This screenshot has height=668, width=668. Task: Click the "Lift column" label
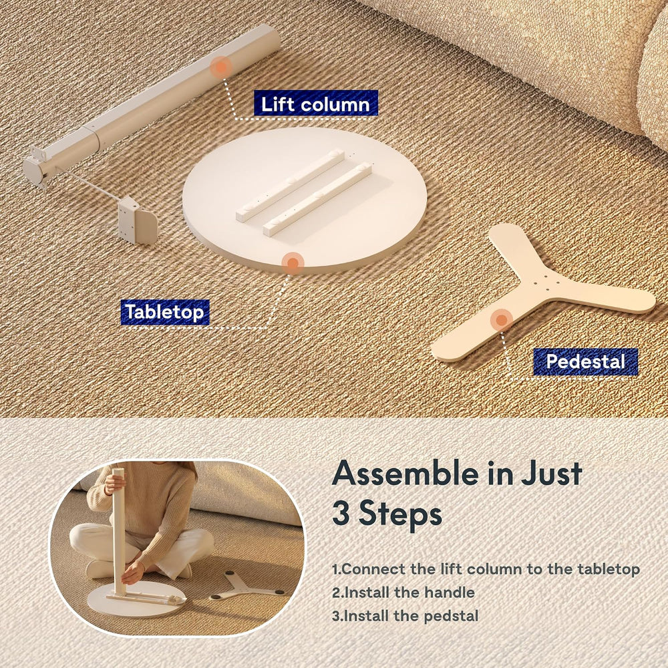(x=316, y=103)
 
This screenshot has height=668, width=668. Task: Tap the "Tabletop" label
(x=165, y=312)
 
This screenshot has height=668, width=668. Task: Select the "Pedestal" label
(x=585, y=361)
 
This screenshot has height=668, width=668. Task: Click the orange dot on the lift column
(x=221, y=67)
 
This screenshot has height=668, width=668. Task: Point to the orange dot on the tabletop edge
(x=293, y=263)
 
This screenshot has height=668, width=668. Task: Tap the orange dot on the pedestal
(x=502, y=319)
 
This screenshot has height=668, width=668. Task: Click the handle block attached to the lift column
(x=137, y=220)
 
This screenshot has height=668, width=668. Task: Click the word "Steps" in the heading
(x=400, y=514)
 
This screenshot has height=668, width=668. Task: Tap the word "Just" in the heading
(x=552, y=474)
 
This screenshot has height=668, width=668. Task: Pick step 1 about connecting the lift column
(x=486, y=569)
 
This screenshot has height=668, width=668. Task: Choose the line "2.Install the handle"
(x=403, y=593)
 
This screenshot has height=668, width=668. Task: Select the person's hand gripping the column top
(x=114, y=484)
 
